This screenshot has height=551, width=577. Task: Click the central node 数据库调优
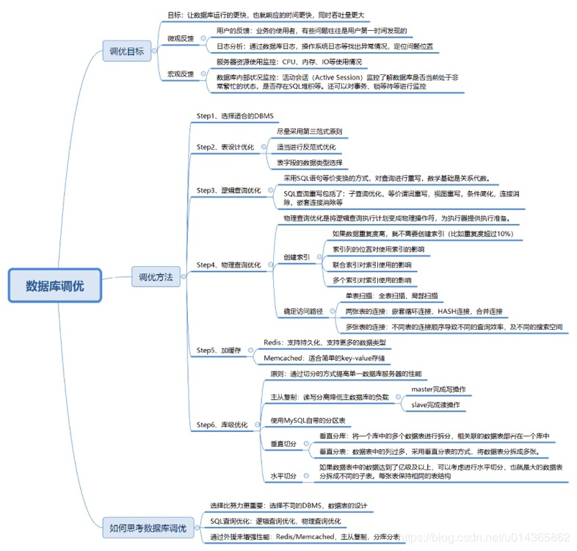coord(55,286)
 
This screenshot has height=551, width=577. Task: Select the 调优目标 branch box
coord(127,51)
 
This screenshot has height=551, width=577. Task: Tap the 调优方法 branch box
coord(156,278)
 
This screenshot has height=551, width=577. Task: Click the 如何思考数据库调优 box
coord(148,527)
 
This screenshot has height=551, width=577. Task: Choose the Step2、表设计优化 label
coord(225,147)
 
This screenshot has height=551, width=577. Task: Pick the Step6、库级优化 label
coord(222,425)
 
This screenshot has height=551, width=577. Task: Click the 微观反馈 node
coord(181,37)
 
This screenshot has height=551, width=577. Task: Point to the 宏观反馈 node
coord(181,74)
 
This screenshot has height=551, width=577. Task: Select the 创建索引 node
coord(297,258)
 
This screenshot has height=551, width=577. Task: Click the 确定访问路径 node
coord(302,311)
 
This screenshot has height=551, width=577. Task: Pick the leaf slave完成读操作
coord(435,405)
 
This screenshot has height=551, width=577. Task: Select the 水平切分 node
coord(283,476)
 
